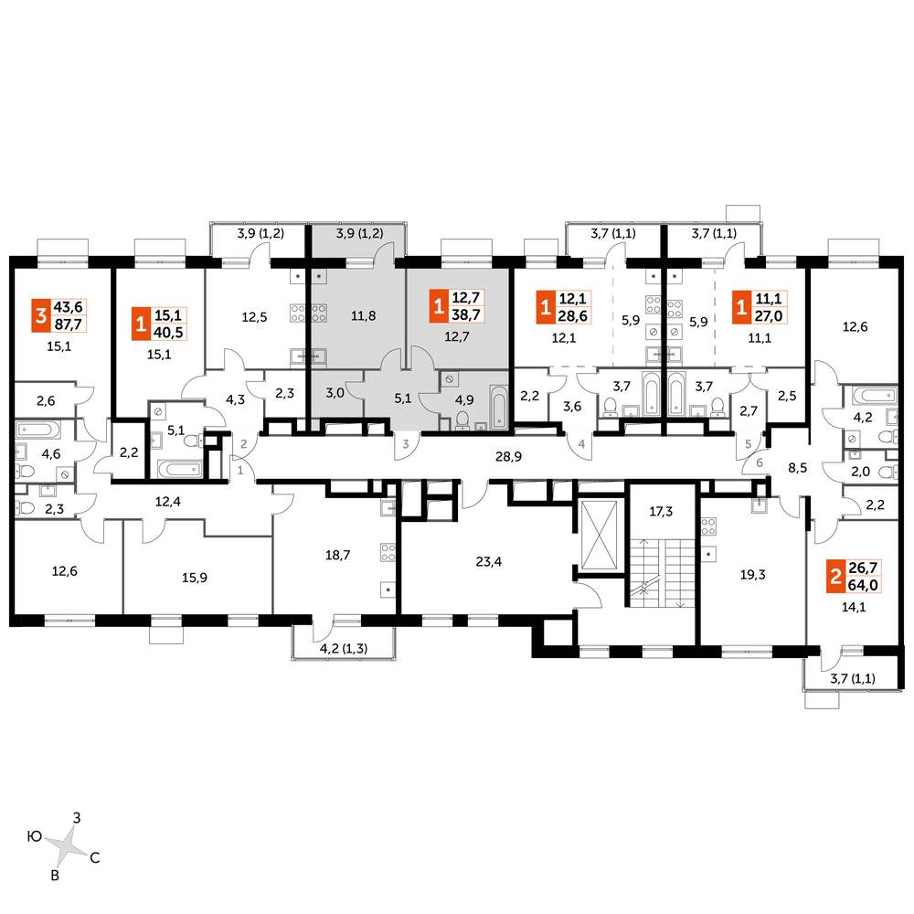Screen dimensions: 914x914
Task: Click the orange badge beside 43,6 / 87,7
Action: point(41,316)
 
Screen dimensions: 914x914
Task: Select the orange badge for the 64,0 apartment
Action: point(835,577)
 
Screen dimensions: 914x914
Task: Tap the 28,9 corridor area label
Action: point(508,456)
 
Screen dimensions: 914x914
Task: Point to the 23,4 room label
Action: point(488,561)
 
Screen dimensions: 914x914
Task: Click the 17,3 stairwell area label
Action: point(661,511)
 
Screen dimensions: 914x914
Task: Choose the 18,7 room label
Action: point(337,555)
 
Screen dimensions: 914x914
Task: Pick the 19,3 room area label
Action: point(752,575)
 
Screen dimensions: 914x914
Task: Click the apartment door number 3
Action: point(406,444)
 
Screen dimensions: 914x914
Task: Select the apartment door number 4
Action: point(581,444)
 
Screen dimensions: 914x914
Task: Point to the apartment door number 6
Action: point(760,463)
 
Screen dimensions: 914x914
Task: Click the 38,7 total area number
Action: point(466,315)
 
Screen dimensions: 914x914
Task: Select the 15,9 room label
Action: point(195,578)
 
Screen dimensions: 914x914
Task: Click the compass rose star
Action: point(67,845)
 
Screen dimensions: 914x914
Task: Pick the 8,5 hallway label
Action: point(797,467)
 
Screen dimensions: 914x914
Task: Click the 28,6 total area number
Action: point(573,316)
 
